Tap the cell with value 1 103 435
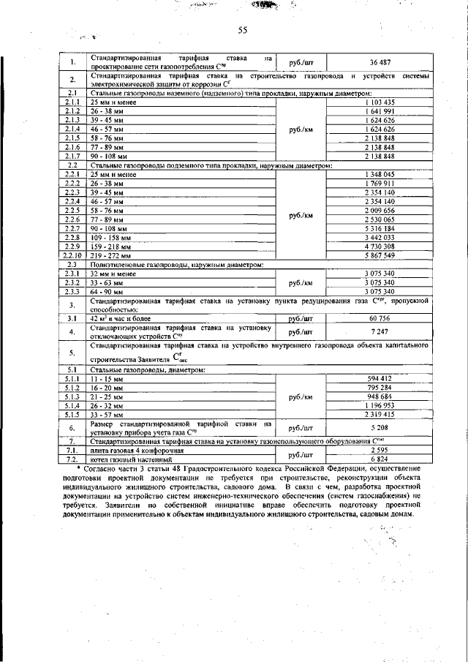379,102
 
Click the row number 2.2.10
72,255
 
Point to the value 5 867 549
379,255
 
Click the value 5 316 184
379,228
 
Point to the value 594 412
379,378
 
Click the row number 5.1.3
72,396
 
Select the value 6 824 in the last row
379,459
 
